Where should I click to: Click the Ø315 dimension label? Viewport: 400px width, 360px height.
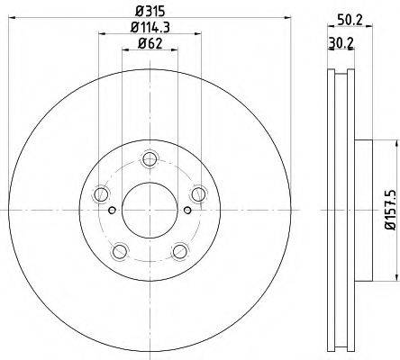click(x=150, y=12)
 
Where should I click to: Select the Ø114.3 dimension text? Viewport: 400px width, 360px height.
click(x=150, y=28)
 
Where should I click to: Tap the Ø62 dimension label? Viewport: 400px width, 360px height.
click(x=150, y=44)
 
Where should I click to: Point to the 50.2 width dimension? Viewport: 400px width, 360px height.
click(x=350, y=20)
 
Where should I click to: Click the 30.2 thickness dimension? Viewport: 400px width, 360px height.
click(x=341, y=43)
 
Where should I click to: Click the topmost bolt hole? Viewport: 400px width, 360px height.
click(x=150, y=159)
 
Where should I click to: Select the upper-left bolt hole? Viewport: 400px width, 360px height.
click(x=101, y=194)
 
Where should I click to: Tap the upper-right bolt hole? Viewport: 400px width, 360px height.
click(x=198, y=194)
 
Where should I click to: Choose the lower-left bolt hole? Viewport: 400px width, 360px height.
click(x=120, y=251)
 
